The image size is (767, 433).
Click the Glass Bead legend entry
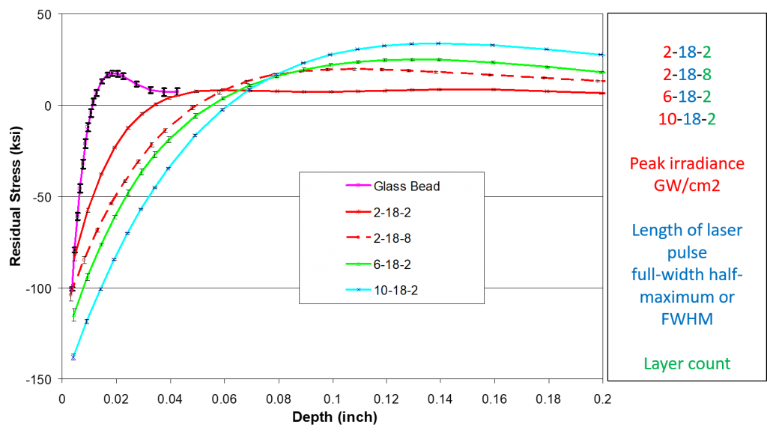392,186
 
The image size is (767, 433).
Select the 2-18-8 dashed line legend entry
378,238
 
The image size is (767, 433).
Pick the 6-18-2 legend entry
378,264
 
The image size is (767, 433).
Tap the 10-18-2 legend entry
382,290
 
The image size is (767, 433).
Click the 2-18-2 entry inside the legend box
378,212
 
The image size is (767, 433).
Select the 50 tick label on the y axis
44,15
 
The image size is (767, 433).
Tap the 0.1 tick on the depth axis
332,399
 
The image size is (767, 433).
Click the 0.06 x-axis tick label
224,399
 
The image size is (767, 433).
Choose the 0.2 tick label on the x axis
603,399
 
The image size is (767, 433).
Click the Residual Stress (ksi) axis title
15,197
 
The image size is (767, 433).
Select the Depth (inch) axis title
335,417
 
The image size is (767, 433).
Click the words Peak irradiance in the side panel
687,163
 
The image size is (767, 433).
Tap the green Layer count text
687,363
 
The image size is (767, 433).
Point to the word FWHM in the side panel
687,319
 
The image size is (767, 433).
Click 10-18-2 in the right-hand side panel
687,119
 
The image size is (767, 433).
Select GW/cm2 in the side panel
687,186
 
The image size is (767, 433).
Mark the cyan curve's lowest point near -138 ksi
73,357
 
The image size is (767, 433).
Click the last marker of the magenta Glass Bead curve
177,91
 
